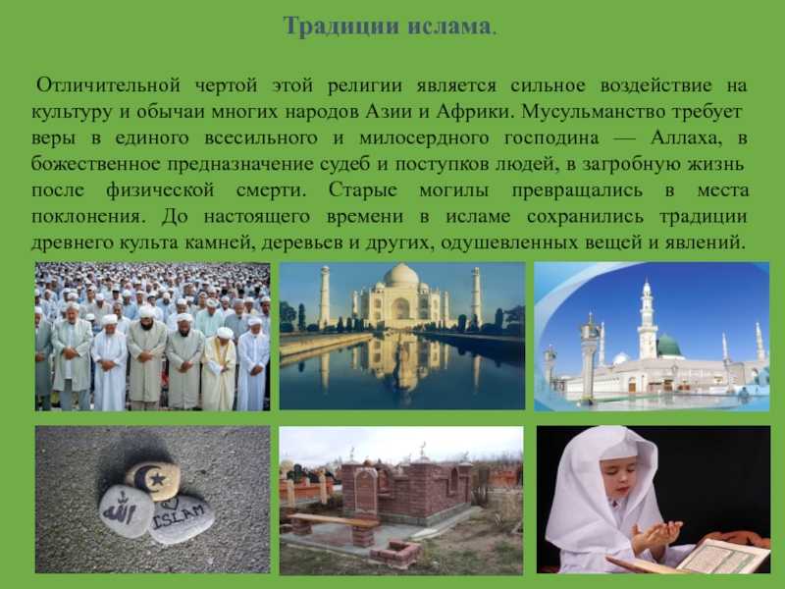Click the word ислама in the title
(449, 27)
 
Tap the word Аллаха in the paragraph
(686, 137)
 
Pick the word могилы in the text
(454, 190)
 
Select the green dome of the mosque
(668, 346)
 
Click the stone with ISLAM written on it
(182, 517)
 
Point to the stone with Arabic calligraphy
(126, 509)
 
